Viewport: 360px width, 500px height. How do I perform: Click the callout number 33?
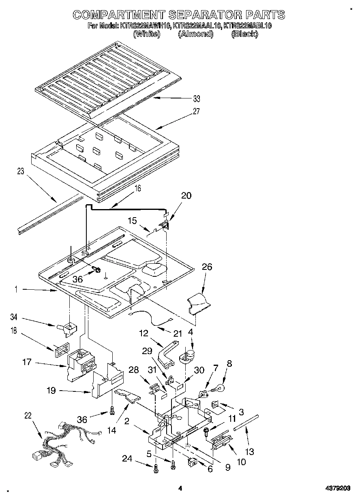[x=196, y=98]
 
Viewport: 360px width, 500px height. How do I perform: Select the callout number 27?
[x=196, y=111]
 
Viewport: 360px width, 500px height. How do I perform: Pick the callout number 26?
[x=207, y=267]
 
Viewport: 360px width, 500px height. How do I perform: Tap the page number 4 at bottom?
[x=180, y=488]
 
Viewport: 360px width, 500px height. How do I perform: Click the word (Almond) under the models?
[x=195, y=34]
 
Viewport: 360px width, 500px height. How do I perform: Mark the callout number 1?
[x=15, y=289]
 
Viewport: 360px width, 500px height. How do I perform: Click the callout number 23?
[x=20, y=171]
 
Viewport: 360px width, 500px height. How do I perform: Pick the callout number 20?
[x=186, y=196]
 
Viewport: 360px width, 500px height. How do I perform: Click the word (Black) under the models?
[x=244, y=34]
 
